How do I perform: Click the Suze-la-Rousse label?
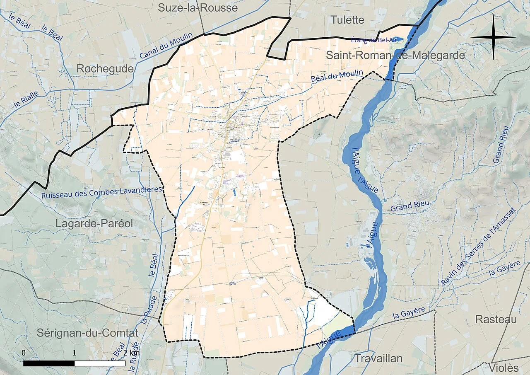pos(198,7)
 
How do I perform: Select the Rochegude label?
pos(105,69)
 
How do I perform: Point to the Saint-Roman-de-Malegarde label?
pos(395,55)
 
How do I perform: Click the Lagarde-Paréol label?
pos(94,224)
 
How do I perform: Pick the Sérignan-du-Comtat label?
pos(87,333)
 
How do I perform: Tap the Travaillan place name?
pos(378,358)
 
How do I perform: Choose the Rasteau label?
pos(496,319)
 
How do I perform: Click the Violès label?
pos(503,368)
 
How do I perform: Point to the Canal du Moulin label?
pos(166,46)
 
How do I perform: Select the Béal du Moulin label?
pos(337,77)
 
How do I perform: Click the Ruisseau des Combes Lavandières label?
pos(101,193)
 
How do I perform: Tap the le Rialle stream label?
pos(26,99)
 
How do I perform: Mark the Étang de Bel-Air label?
pos(374,40)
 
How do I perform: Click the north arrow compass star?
pos(493,37)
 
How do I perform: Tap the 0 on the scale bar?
pos(24,353)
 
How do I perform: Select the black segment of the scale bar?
pos(49,363)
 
